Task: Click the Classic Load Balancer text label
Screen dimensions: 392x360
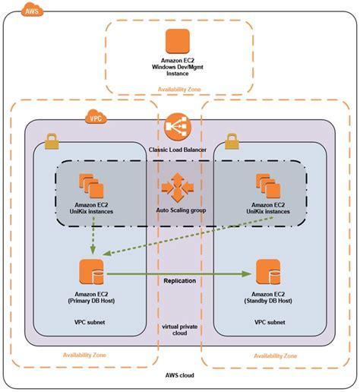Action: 179,150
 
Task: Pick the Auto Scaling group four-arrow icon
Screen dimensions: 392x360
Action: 179,185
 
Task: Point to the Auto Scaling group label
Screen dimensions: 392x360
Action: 180,210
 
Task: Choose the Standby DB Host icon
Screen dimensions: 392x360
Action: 268,272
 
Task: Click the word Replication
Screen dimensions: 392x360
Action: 180,281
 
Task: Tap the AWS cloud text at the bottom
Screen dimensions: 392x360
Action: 180,376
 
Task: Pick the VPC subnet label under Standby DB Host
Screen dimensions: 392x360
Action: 267,323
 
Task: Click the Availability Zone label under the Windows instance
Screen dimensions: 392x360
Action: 179,89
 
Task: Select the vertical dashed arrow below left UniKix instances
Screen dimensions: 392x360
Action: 92,235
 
